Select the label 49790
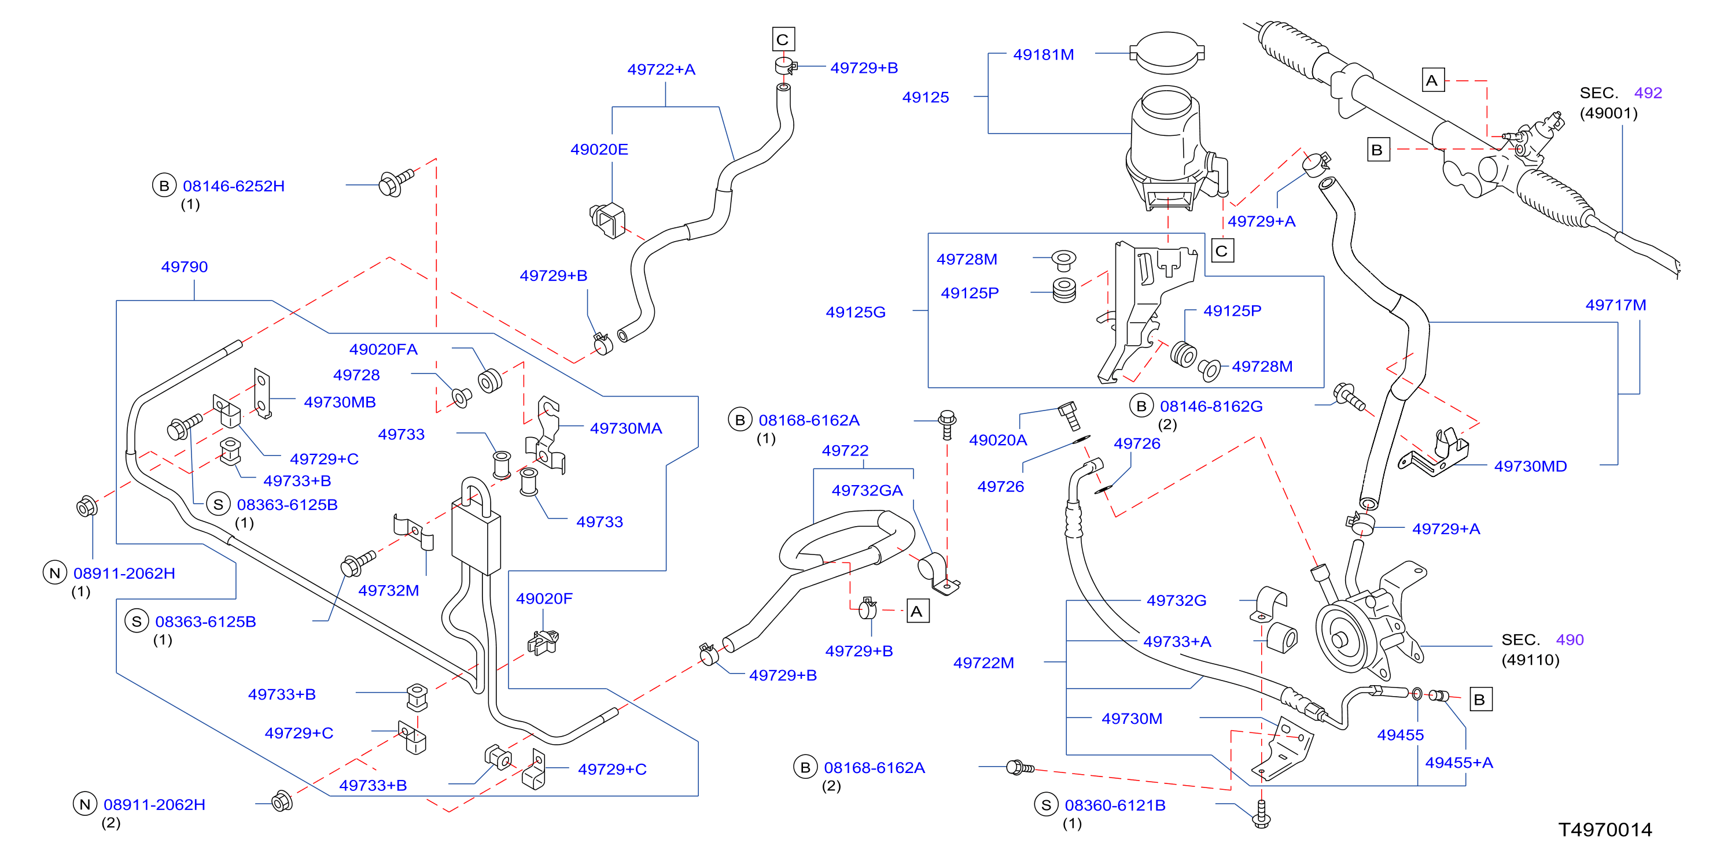click(x=184, y=267)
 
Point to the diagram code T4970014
click(x=1605, y=830)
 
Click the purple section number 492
click(x=1648, y=93)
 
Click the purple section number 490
click(x=1570, y=640)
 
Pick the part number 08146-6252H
click(x=234, y=186)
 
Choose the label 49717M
click(x=1616, y=305)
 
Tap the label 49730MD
click(x=1531, y=466)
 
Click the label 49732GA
click(x=867, y=490)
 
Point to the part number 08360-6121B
click(x=1115, y=805)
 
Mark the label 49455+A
click(x=1459, y=763)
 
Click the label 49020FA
click(x=383, y=349)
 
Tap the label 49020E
click(x=599, y=149)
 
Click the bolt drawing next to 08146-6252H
click(x=396, y=183)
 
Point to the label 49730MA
click(x=626, y=428)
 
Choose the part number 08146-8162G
click(x=1211, y=406)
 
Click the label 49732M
click(x=388, y=590)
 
